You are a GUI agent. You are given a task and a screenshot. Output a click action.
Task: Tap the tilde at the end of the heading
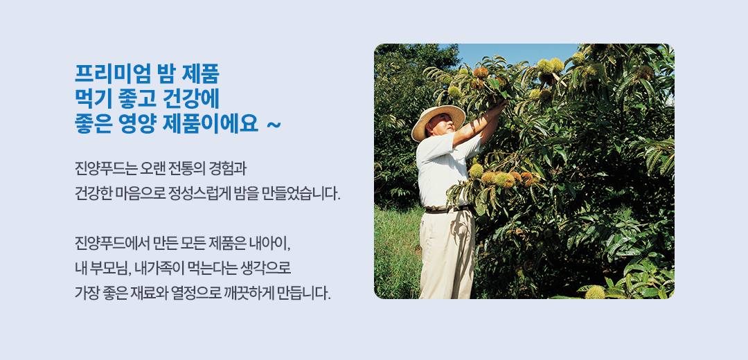(x=274, y=125)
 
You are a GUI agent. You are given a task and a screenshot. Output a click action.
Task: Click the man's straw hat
(x=438, y=120)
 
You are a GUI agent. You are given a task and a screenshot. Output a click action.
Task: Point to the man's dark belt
(x=447, y=209)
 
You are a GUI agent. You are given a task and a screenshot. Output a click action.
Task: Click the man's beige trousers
(x=447, y=254)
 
